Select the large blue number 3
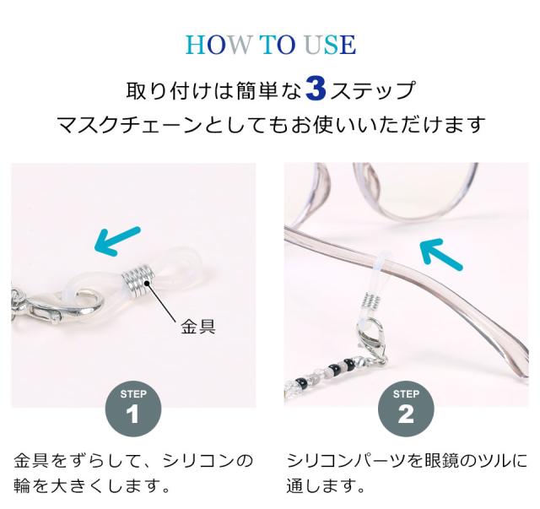[x=316, y=89]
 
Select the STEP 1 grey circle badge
[x=132, y=408]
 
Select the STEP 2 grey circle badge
[x=406, y=408]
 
